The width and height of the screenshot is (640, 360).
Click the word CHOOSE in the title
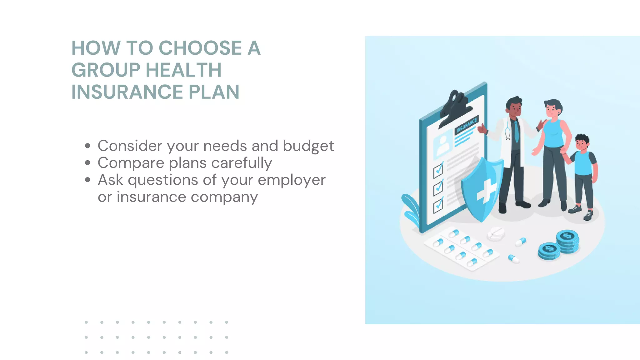(x=200, y=48)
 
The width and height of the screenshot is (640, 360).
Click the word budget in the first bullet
(x=308, y=146)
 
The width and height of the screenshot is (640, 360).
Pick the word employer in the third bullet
(x=291, y=180)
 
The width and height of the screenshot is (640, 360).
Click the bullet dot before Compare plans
(x=88, y=163)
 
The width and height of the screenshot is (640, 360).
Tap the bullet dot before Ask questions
(x=88, y=180)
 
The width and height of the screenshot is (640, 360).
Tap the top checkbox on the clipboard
(x=438, y=170)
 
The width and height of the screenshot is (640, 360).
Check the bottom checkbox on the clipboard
(x=438, y=205)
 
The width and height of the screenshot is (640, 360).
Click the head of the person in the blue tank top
(x=553, y=108)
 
